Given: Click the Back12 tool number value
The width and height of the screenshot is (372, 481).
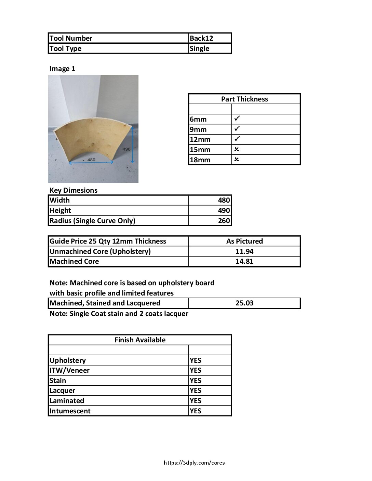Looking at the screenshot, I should (x=201, y=38).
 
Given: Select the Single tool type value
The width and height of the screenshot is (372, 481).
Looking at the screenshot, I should (x=199, y=49).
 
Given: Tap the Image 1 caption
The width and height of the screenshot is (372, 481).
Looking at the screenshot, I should (x=62, y=69).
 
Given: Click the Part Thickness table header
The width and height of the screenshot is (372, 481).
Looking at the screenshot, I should (x=244, y=99).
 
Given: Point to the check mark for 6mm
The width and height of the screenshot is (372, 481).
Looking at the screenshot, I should (x=237, y=119).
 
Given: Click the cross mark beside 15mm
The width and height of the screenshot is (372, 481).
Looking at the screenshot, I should (x=237, y=149).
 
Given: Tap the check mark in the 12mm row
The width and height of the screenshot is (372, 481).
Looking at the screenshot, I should (x=237, y=139).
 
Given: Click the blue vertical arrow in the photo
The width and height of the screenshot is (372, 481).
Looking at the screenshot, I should (x=132, y=144).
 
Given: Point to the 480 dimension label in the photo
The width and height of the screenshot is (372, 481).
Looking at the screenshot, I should (x=91, y=160).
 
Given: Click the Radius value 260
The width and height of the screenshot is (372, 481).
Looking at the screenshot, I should (x=224, y=221).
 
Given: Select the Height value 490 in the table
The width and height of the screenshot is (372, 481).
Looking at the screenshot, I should (x=224, y=210).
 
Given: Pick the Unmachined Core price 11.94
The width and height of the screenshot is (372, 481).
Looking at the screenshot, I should (x=244, y=251).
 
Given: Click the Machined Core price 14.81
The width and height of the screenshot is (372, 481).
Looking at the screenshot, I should (x=244, y=261).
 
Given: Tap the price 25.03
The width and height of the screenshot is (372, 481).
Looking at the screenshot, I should (x=244, y=303).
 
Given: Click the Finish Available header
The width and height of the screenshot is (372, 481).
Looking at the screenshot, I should (x=140, y=340).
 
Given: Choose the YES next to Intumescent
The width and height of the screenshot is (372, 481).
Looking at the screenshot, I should (x=196, y=411).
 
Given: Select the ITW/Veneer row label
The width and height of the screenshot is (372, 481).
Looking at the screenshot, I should (x=69, y=370).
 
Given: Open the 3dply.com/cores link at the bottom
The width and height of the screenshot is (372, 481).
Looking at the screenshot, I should (x=194, y=463).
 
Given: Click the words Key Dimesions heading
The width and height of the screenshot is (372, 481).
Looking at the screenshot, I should (x=73, y=190).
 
